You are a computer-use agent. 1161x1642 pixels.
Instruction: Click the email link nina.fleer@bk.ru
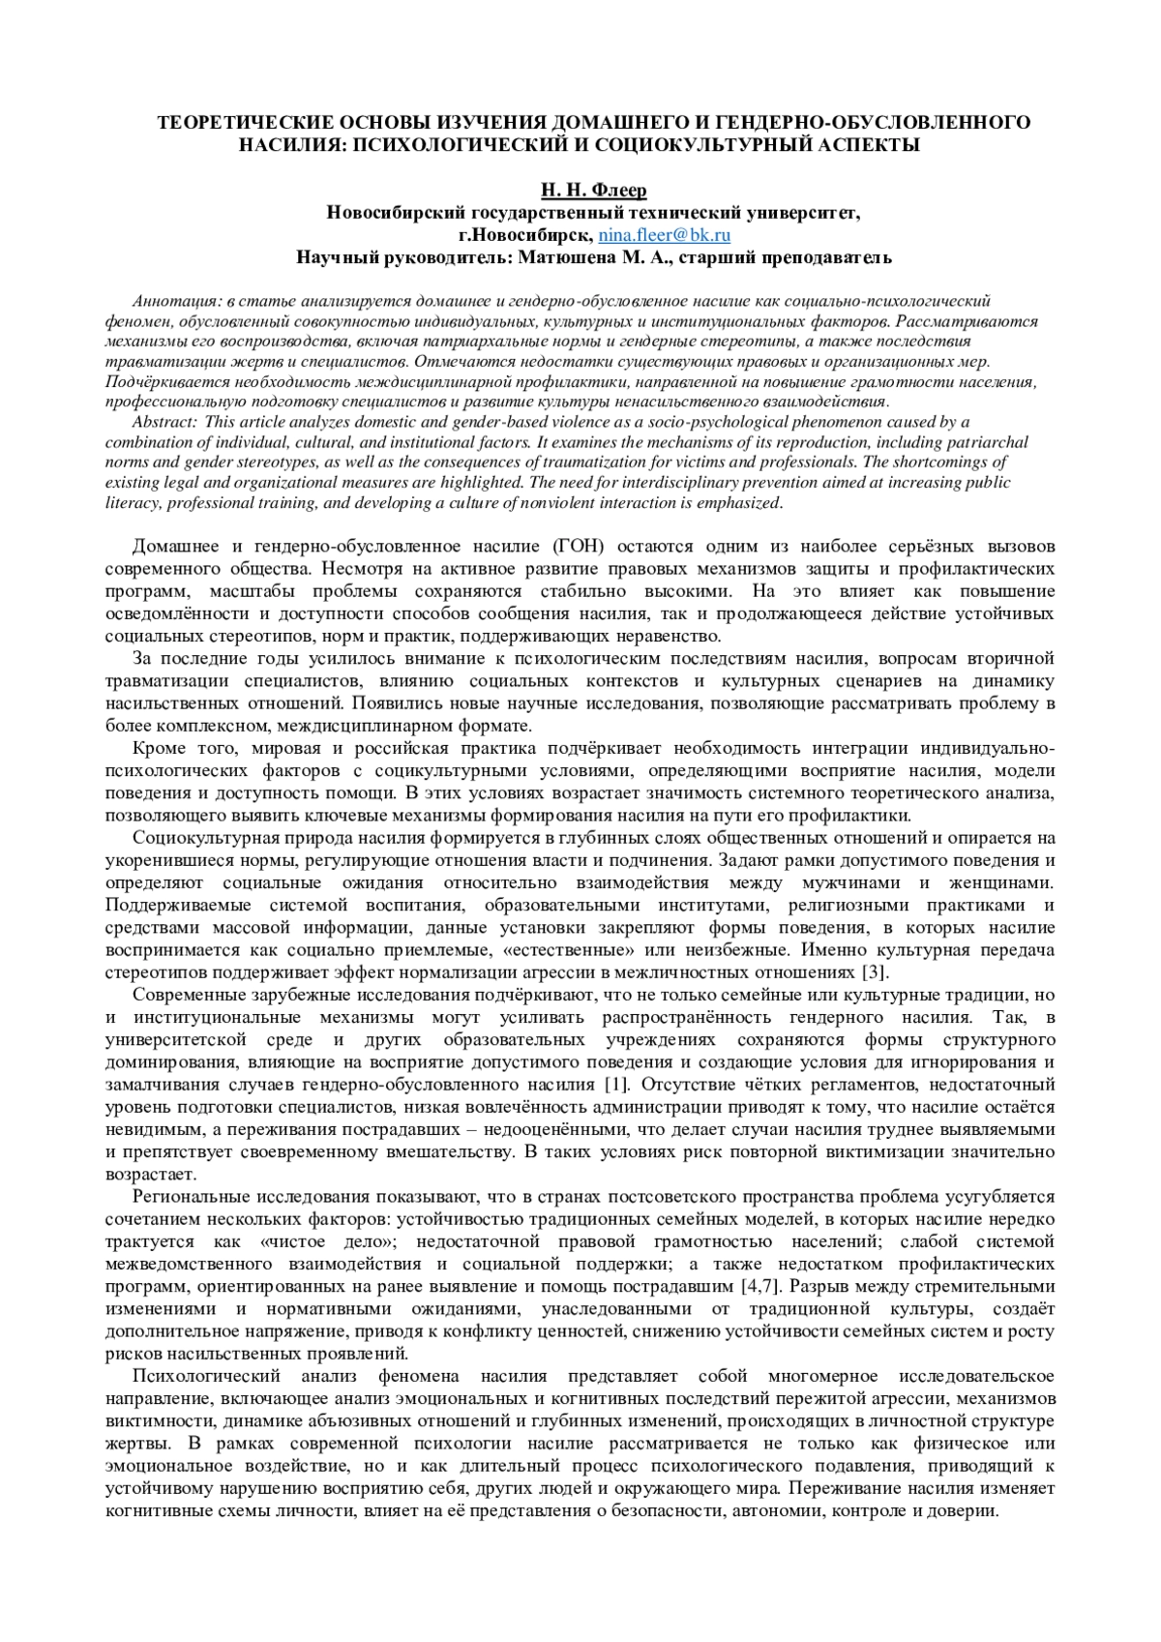pyautogui.click(x=664, y=234)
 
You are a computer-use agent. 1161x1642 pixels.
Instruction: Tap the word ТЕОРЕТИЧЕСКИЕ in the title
pyautogui.click(x=239, y=123)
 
